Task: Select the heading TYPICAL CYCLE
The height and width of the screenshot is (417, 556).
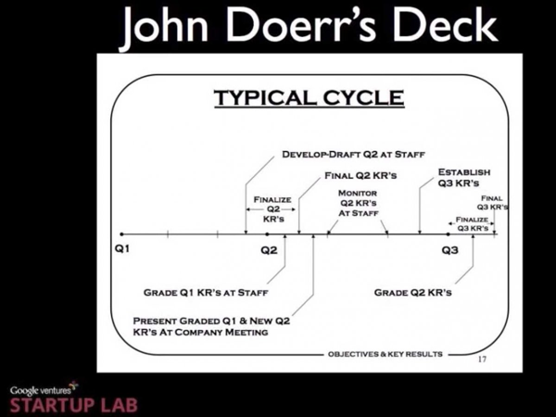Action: click(x=309, y=97)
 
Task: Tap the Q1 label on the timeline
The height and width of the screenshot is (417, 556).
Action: click(x=122, y=250)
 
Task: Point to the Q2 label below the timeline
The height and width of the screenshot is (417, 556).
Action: click(x=269, y=250)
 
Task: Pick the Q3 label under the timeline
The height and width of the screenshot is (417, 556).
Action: click(x=449, y=250)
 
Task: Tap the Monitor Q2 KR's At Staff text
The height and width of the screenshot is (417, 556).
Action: click(x=356, y=202)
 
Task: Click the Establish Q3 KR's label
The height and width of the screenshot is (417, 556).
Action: click(x=464, y=177)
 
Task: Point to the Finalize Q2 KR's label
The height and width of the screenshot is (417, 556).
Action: click(x=272, y=209)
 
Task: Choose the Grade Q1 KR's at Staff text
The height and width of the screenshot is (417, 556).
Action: click(x=206, y=292)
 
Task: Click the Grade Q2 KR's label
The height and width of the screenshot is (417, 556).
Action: click(x=412, y=292)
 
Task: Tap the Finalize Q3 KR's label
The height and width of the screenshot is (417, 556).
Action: click(x=471, y=223)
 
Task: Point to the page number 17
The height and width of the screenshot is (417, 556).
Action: click(x=481, y=358)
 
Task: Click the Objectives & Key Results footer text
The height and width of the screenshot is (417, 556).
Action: click(x=385, y=354)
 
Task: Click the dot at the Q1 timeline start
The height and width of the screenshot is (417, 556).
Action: click(x=121, y=234)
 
